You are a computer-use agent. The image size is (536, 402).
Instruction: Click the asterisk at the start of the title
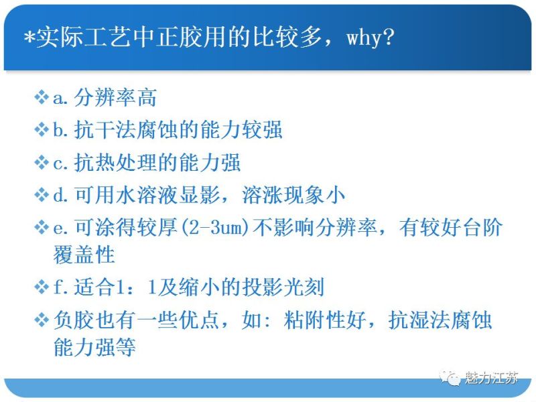27,38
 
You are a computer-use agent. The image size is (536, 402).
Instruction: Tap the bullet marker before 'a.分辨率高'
42,98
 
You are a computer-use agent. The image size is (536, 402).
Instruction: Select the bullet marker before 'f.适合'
42,287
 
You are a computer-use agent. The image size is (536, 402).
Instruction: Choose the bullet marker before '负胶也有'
42,320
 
